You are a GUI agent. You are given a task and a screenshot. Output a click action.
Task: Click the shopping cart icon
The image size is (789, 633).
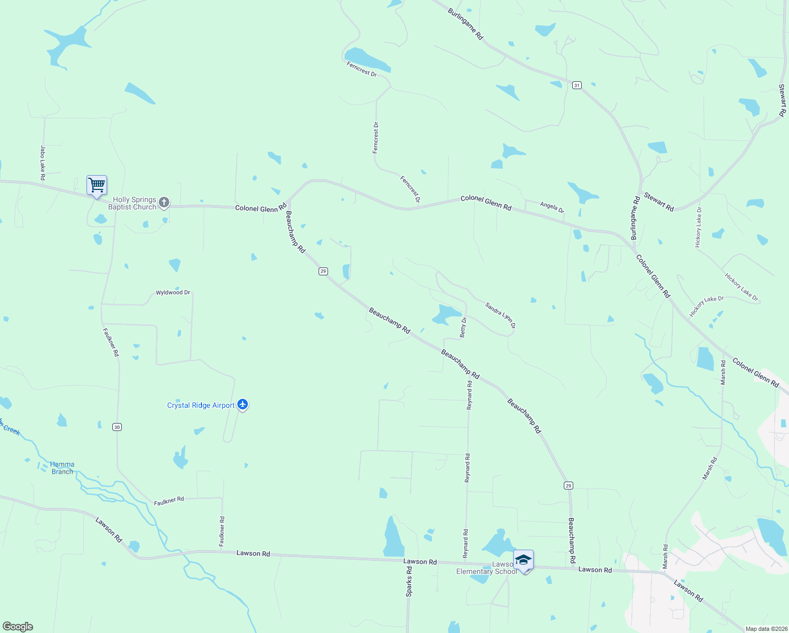[97, 186]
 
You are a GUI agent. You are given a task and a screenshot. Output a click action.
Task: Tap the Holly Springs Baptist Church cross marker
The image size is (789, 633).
[164, 203]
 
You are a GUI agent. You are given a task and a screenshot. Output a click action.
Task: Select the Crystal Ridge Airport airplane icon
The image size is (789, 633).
[243, 405]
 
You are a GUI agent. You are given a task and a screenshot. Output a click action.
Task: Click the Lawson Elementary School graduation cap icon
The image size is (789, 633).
[523, 560]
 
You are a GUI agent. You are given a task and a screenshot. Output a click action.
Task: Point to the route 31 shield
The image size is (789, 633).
[577, 85]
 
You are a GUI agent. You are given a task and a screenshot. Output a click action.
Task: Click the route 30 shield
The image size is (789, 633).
[117, 427]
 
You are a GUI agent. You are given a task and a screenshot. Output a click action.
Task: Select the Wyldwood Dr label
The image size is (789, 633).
[172, 292]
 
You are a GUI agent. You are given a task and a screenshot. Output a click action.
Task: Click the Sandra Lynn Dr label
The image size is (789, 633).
[500, 315]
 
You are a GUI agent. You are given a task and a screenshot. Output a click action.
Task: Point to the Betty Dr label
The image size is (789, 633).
[463, 327]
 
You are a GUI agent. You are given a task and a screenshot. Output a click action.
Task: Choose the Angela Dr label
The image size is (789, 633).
[552, 207]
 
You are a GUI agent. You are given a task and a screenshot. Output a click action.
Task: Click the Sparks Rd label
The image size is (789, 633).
[409, 582]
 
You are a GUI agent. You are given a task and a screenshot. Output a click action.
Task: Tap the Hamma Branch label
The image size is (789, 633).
[62, 468]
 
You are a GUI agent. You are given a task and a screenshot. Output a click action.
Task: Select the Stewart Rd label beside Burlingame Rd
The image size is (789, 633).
[659, 203]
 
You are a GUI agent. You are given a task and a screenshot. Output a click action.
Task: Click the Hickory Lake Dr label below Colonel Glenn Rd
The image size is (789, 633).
[707, 306]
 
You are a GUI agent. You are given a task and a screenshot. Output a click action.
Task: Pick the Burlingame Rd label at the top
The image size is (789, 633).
[465, 24]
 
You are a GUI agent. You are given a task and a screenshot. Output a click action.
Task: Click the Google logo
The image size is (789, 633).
[18, 627]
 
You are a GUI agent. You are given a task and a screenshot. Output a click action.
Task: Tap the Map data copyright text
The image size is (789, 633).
[766, 629]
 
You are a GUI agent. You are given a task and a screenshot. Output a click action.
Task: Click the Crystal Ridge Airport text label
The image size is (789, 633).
[200, 405]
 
